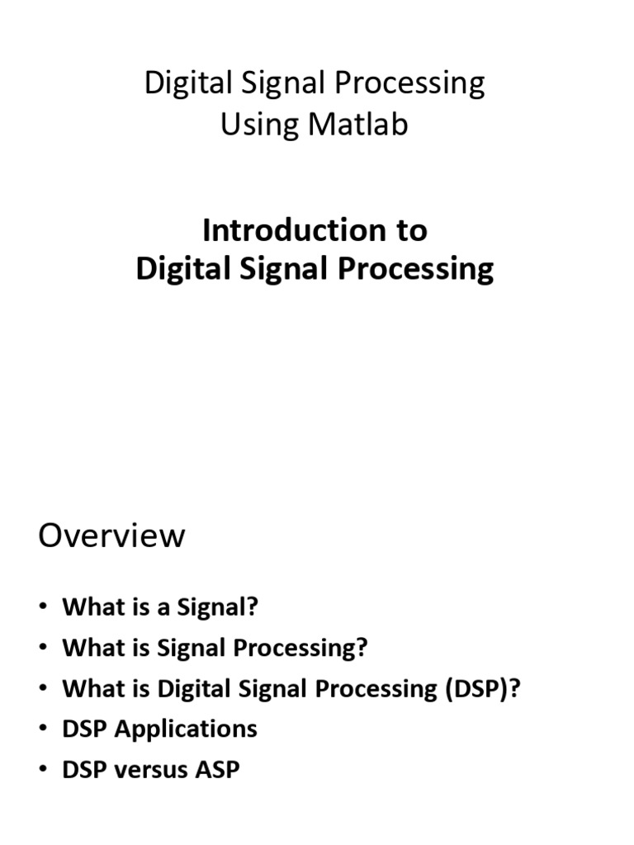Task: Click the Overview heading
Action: pos(111,536)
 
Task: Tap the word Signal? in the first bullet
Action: pos(218,607)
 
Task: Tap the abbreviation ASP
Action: pos(217,769)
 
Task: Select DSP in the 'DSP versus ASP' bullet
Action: pos(83,769)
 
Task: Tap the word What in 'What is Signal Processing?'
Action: pos(86,648)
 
